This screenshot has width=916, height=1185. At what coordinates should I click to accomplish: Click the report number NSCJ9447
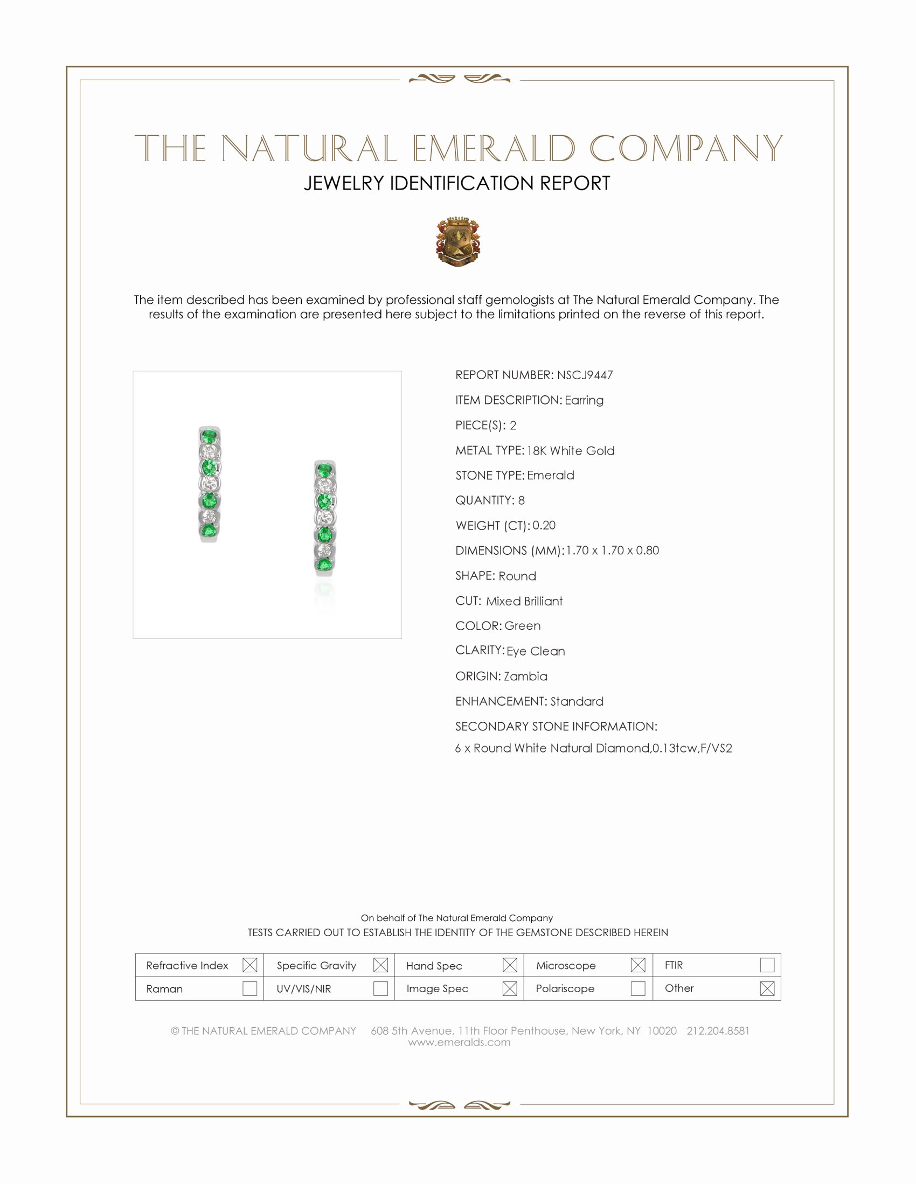(x=585, y=375)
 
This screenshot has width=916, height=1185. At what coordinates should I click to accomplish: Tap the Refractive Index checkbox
(x=249, y=965)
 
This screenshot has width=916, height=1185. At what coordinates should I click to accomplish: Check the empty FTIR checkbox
(x=767, y=965)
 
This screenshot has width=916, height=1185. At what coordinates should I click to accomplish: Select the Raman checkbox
(x=249, y=988)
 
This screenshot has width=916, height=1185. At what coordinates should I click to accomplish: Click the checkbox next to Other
(x=767, y=988)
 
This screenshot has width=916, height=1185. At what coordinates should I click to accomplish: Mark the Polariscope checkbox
(x=638, y=988)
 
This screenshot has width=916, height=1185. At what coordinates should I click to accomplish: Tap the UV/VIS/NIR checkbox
(x=380, y=988)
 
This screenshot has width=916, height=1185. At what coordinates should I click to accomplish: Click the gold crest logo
(x=457, y=241)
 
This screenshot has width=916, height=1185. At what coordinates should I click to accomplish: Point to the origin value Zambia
(x=525, y=676)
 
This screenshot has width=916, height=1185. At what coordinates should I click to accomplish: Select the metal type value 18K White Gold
(x=570, y=450)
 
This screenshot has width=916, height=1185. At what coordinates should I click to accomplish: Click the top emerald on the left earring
(x=209, y=435)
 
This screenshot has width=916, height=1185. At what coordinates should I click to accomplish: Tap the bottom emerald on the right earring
(x=324, y=566)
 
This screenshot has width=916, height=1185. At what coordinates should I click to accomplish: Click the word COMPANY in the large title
(x=685, y=148)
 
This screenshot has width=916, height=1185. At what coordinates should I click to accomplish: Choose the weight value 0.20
(x=544, y=525)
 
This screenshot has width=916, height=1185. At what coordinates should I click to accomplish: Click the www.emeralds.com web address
(x=459, y=1042)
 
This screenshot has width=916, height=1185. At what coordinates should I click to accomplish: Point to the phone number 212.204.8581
(x=717, y=1030)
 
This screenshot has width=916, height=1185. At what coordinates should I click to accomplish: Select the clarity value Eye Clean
(x=536, y=651)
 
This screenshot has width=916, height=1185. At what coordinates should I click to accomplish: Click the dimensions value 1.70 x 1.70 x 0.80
(x=612, y=550)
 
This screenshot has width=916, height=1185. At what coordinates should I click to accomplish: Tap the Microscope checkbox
(x=638, y=965)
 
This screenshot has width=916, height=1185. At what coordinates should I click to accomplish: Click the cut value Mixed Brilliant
(x=524, y=601)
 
